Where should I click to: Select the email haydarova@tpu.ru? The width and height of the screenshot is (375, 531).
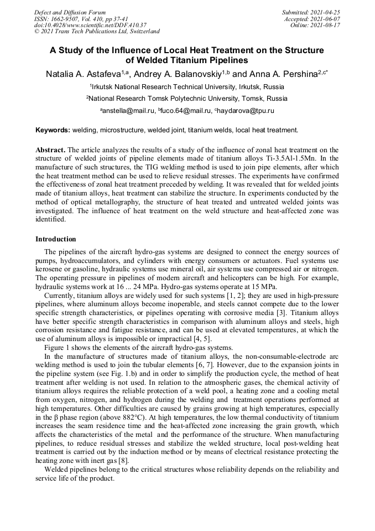click(246, 111)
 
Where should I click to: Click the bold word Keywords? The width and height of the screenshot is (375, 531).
click(53, 130)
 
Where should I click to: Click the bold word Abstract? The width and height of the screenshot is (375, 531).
click(50, 150)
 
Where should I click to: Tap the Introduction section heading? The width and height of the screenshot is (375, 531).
click(55, 239)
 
